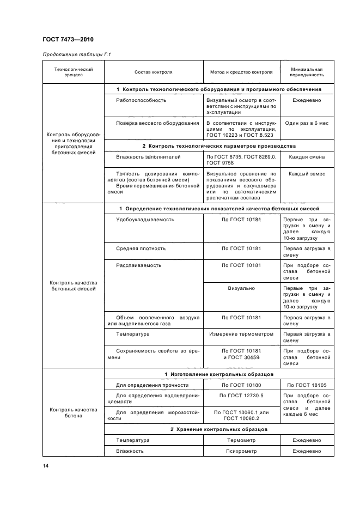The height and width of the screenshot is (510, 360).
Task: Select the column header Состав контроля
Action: [x=154, y=72]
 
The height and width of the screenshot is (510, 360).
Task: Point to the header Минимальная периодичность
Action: [x=306, y=72]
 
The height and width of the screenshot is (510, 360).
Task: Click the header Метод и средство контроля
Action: [x=241, y=72]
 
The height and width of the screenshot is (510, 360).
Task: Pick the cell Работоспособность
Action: [x=141, y=100]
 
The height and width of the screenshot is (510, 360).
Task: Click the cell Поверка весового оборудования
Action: [x=157, y=123]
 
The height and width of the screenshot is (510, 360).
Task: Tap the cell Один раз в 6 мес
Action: [x=306, y=123]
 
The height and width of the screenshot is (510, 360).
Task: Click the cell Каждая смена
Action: [x=306, y=157]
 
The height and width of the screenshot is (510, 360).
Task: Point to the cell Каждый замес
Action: [x=306, y=174]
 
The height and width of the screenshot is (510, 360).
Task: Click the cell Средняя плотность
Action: [x=141, y=248]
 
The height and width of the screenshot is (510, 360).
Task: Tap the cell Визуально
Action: [x=241, y=288]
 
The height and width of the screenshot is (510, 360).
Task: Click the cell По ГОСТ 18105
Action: [x=306, y=386]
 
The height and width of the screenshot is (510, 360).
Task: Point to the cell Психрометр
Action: [x=241, y=451]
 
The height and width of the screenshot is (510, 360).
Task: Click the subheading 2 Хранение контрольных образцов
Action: [x=218, y=429]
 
